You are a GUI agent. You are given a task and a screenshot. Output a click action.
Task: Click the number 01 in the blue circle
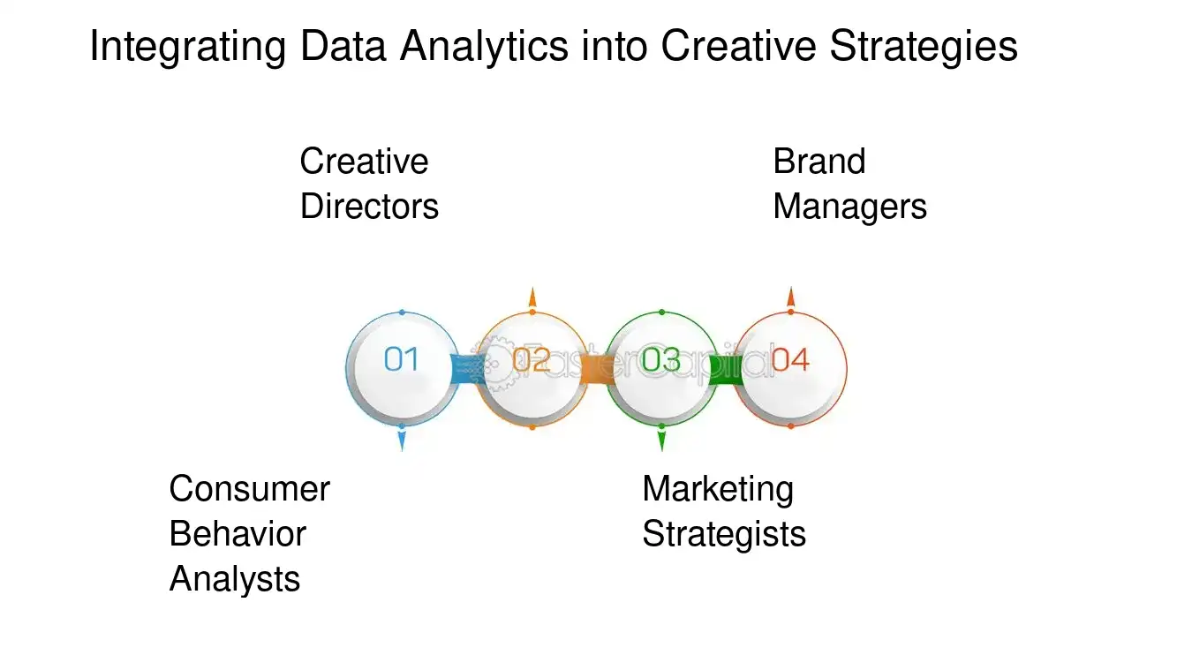point(402,360)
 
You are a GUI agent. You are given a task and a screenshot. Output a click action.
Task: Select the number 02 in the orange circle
point(532,360)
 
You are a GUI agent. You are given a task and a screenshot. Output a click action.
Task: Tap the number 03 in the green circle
point(661,360)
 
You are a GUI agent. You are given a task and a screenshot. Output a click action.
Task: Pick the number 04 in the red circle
point(790,360)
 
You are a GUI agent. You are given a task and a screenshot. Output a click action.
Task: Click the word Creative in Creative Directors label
point(364,162)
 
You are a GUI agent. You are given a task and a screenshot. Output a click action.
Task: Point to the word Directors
point(369,207)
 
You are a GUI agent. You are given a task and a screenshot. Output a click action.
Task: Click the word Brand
point(819,162)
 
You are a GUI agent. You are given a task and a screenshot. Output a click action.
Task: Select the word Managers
point(849,207)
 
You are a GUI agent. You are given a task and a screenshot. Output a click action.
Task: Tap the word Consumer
point(249,489)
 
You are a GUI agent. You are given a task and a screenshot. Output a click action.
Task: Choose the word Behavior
point(238,534)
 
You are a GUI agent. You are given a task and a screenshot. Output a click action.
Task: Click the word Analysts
point(235,579)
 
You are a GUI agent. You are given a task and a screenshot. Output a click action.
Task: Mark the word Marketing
point(718,489)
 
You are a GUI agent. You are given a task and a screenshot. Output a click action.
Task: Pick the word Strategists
point(724,534)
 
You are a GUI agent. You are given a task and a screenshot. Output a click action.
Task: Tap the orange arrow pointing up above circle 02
point(532,297)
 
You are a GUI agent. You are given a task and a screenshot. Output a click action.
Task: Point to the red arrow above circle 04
point(791,297)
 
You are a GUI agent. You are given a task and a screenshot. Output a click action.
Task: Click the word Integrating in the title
point(188,47)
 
